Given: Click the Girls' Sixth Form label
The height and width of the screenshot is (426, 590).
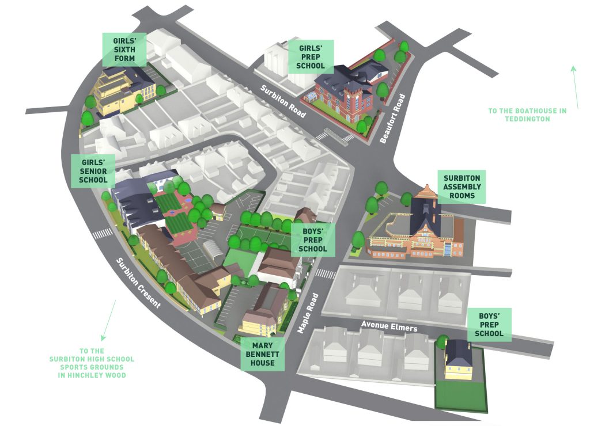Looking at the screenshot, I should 124,50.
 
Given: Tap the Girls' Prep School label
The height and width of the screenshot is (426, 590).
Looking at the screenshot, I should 311,57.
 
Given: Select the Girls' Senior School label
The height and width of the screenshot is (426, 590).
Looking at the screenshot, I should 93,171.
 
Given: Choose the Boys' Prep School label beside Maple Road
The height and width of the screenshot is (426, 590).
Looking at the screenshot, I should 315,241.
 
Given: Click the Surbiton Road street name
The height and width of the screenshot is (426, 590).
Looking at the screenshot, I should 282,101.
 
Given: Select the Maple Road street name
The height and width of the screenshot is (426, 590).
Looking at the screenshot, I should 307,313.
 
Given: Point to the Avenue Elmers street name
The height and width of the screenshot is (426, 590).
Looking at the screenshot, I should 389,326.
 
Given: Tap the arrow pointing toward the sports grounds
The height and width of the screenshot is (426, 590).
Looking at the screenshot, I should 109,320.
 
